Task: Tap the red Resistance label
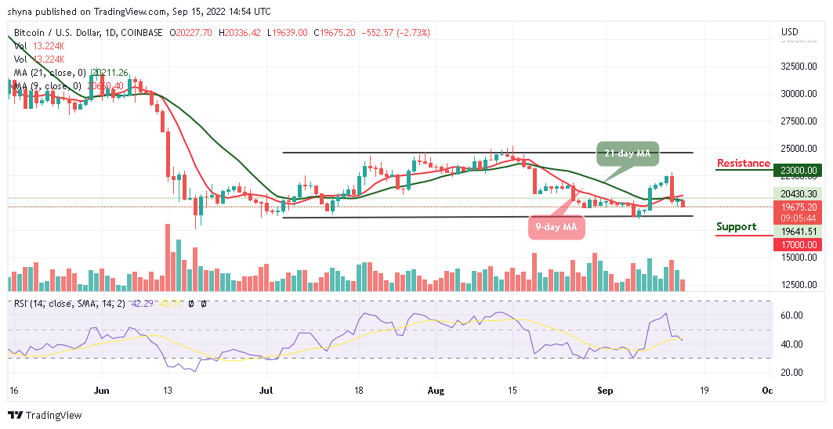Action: (x=743, y=163)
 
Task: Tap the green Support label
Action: (x=736, y=227)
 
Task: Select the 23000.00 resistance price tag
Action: (x=799, y=170)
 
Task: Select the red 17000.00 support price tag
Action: (x=799, y=245)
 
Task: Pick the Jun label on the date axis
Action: (x=101, y=390)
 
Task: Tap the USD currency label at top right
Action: (x=790, y=32)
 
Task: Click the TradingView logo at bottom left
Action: (x=45, y=415)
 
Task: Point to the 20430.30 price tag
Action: (x=799, y=193)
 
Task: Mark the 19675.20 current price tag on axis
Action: (x=799, y=208)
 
